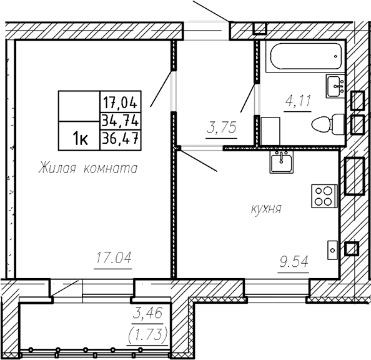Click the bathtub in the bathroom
coord(305,56)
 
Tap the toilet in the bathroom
coord(328,124)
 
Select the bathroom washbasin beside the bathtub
coord(335,86)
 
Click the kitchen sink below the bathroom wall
coord(281,161)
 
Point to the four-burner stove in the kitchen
coord(324,196)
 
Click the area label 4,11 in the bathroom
coord(298,101)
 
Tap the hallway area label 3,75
coord(222,128)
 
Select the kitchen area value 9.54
coord(294,262)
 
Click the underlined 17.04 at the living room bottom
coord(113,257)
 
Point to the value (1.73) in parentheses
coord(147,334)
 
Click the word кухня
coord(266,209)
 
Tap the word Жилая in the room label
coord(57,168)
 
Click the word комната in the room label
coord(111,169)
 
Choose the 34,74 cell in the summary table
coord(121,121)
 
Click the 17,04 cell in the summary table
coord(121,101)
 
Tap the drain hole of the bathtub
coord(335,56)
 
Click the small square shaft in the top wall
coord(260,28)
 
